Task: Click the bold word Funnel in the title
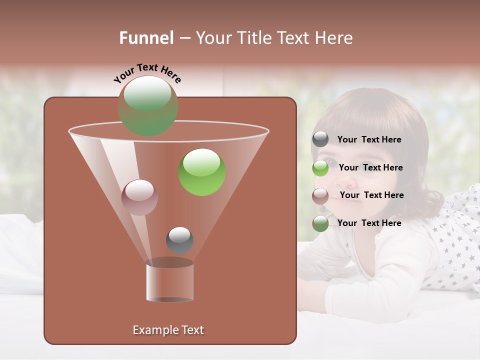click(x=146, y=38)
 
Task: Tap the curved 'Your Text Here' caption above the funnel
click(x=147, y=73)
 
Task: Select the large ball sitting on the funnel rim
click(x=147, y=106)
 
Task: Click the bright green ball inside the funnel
click(x=202, y=172)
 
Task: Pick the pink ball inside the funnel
click(x=139, y=197)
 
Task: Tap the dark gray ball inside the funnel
click(x=179, y=240)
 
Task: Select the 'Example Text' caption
click(x=168, y=330)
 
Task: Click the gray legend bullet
click(x=320, y=139)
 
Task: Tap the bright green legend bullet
click(x=320, y=168)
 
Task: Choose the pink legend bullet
click(x=320, y=195)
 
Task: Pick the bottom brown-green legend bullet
click(x=320, y=223)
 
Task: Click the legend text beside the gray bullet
click(x=369, y=139)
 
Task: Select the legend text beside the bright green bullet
click(x=370, y=167)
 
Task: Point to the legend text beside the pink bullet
click(x=371, y=195)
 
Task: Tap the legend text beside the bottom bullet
click(x=369, y=223)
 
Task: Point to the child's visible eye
click(x=330, y=162)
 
